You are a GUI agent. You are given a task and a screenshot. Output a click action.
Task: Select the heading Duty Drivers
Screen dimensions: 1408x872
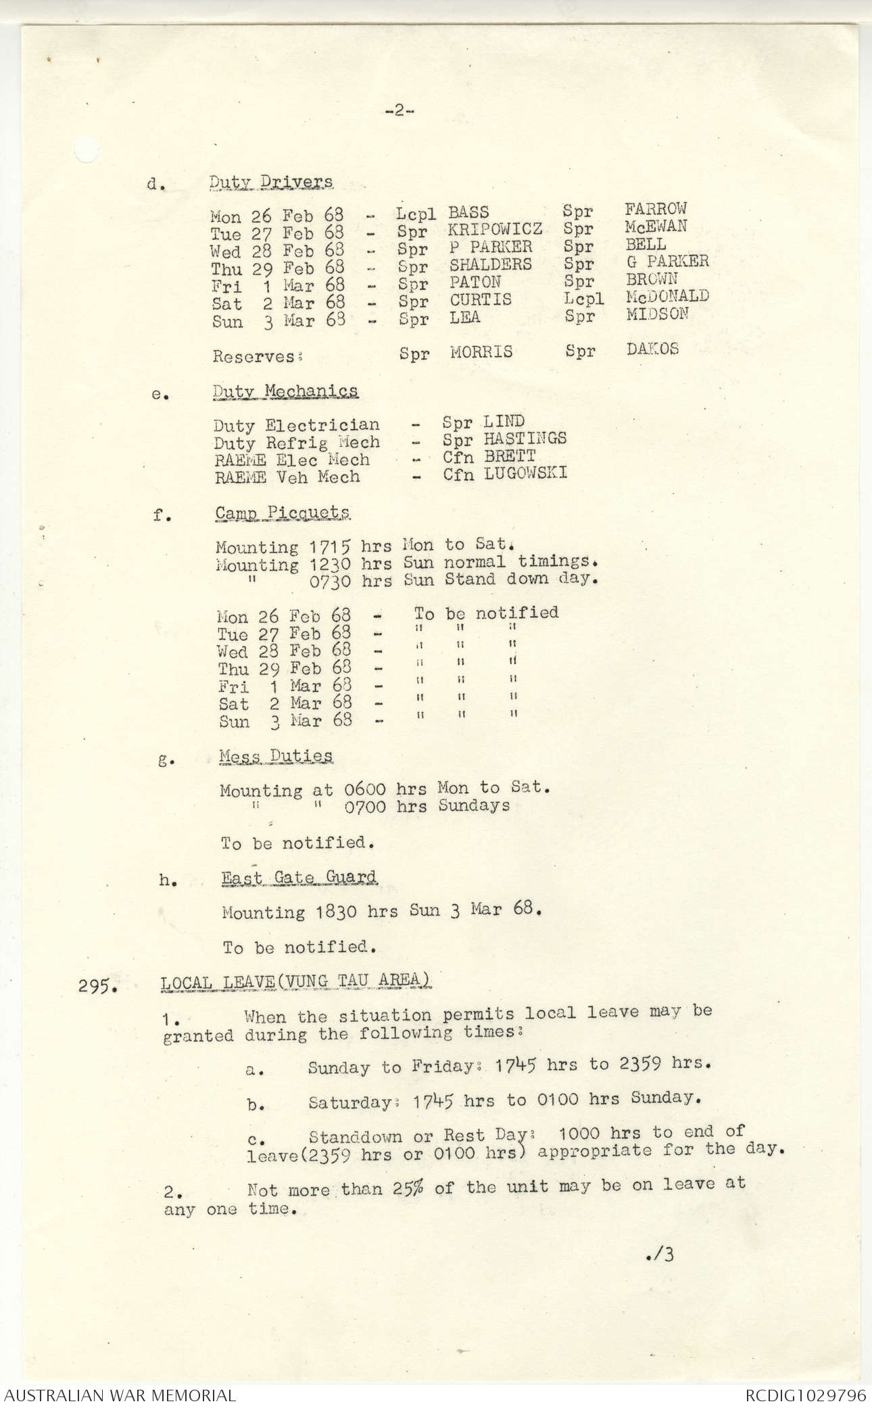pos(270,182)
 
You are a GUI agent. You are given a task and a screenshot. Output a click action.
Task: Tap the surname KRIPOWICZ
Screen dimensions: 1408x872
pos(495,230)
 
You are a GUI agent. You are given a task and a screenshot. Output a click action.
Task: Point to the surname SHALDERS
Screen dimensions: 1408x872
pos(491,264)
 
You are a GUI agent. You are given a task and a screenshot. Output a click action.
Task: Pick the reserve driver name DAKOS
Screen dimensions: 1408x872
pos(652,350)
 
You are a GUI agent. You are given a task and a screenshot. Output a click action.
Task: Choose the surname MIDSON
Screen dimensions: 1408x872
pos(657,314)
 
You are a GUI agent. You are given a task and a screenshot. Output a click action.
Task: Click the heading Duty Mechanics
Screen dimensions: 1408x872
pos(285,392)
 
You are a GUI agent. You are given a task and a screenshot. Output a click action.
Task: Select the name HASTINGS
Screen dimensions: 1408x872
pos(525,438)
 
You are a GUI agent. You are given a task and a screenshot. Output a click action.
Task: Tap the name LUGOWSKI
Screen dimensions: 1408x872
pos(525,473)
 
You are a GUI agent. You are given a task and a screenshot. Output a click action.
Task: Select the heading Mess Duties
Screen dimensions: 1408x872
pos(276,756)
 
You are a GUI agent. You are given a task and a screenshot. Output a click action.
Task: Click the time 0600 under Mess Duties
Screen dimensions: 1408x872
pos(365,789)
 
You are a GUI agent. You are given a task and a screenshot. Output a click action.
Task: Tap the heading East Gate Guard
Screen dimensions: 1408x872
pos(299,878)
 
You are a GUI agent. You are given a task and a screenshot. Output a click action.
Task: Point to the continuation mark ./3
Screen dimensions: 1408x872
pos(659,1255)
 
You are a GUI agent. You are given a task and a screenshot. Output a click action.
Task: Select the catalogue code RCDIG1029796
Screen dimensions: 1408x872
pos(805,1395)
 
